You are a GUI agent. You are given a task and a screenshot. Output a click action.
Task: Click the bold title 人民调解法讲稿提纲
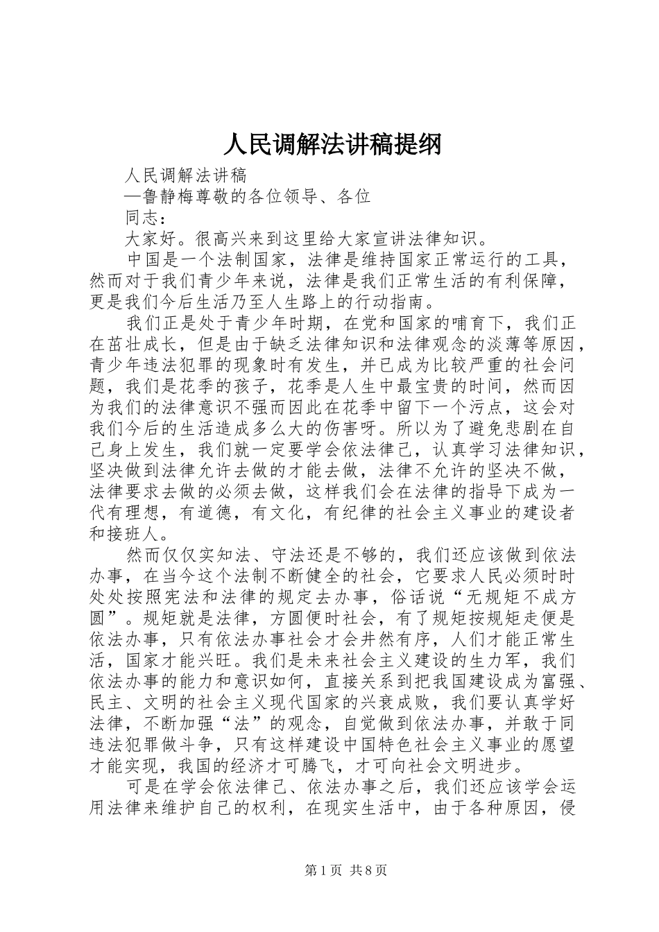pyautogui.click(x=332, y=145)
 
